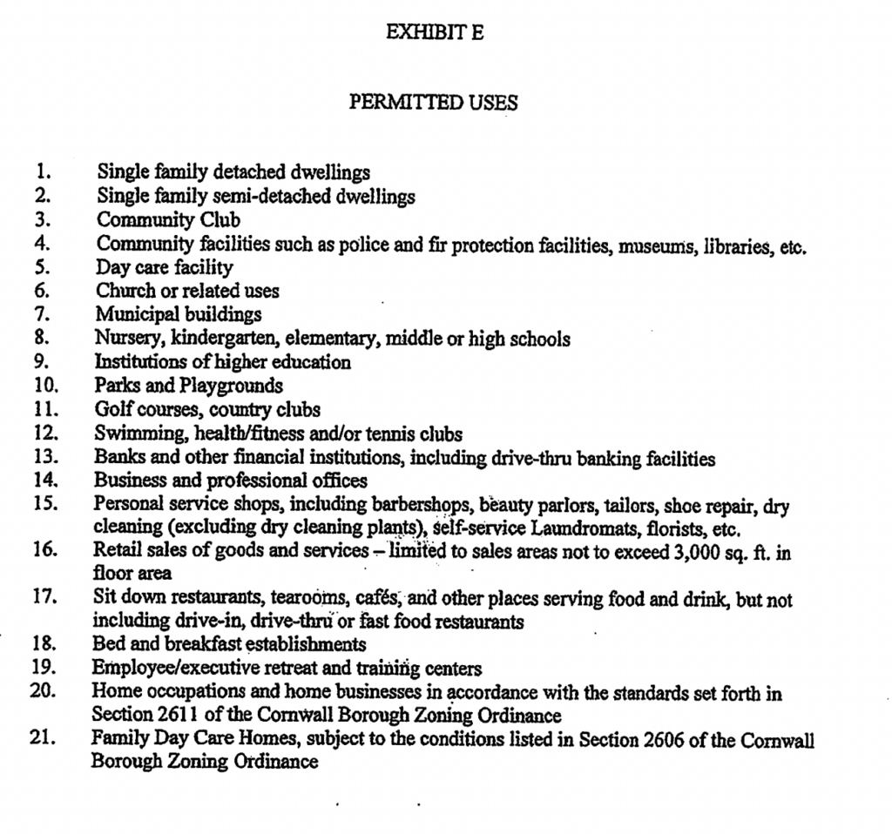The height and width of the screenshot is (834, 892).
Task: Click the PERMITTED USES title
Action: (434, 103)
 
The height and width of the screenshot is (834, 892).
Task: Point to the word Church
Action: (123, 291)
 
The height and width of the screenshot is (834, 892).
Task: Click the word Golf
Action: (112, 408)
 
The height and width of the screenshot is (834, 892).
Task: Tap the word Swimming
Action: (132, 433)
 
